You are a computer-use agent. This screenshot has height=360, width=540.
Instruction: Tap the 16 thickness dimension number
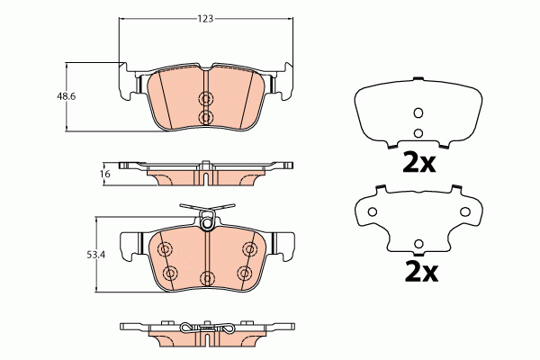click(103, 173)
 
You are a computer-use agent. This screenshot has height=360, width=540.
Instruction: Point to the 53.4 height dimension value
click(94, 255)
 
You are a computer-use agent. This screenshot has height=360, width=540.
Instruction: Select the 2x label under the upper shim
click(417, 162)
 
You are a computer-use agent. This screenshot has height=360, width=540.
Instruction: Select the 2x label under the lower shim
click(417, 270)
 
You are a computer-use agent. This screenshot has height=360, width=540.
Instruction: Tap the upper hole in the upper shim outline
click(417, 112)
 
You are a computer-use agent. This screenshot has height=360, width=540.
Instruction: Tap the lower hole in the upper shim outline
click(417, 133)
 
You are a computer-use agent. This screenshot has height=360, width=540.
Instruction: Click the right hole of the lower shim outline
click(465, 211)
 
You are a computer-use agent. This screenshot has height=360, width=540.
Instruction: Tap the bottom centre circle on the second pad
click(206, 276)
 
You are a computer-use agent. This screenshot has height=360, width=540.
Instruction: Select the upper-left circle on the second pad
click(164, 250)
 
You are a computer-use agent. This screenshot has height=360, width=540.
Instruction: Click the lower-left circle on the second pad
click(170, 273)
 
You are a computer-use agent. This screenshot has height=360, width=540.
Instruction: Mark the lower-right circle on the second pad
click(242, 273)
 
